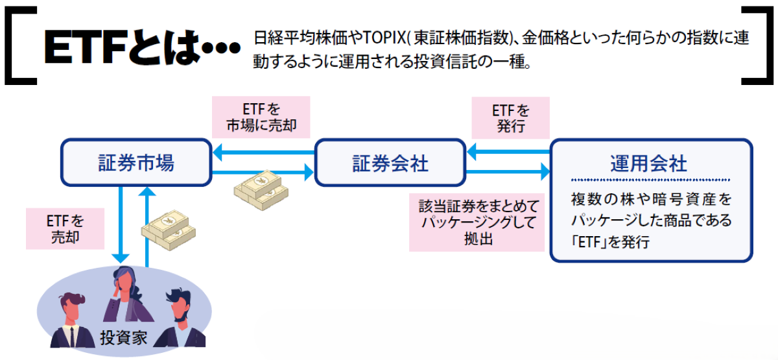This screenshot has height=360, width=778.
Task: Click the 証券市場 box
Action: coord(136,162)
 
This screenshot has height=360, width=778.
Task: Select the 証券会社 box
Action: coord(390,163)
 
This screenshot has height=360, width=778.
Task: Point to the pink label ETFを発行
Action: coord(510,117)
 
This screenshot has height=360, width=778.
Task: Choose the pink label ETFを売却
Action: coord(65,228)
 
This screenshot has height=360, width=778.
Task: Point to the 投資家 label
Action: coord(123,337)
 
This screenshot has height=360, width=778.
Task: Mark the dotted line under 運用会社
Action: coord(651,180)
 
